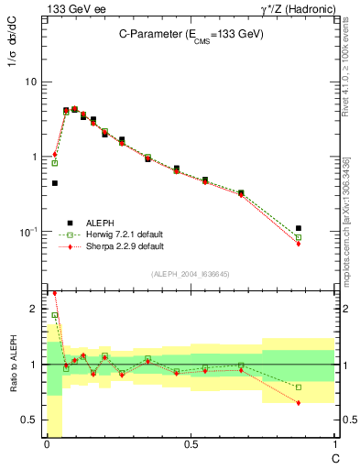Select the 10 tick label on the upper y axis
pyautogui.click(x=32, y=82)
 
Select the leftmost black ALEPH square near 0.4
pyautogui.click(x=55, y=183)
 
